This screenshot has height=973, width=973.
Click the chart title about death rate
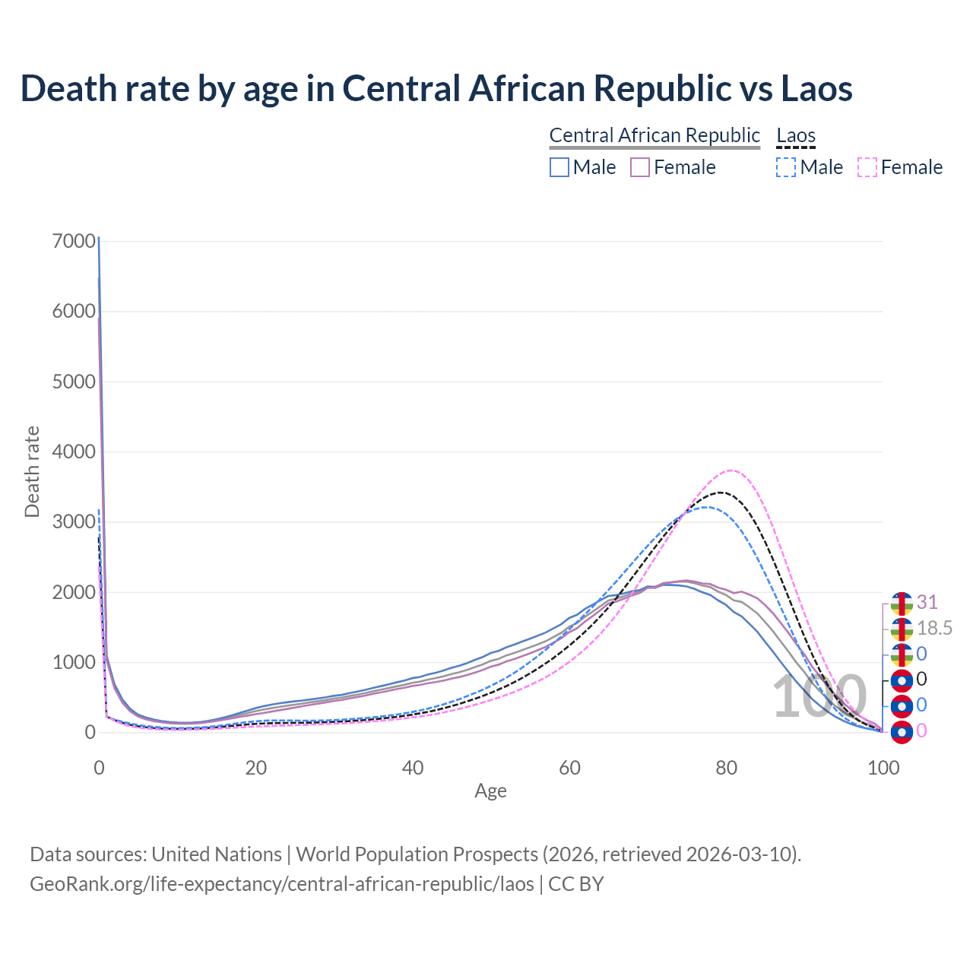click(x=436, y=88)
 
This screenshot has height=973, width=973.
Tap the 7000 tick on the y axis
click(x=74, y=242)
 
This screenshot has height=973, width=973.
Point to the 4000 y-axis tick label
click(x=74, y=452)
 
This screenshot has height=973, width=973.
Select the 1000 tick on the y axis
click(x=74, y=663)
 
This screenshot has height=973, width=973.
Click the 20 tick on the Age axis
click(x=256, y=768)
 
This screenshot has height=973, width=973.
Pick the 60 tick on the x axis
click(x=570, y=768)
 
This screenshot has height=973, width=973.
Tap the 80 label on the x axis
click(x=727, y=768)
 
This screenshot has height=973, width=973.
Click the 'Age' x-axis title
click(x=490, y=791)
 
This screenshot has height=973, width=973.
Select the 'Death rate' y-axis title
click(x=32, y=472)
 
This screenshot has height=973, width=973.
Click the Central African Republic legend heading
click(x=654, y=135)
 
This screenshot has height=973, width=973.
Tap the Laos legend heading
click(x=796, y=136)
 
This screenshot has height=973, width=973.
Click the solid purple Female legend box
click(x=640, y=167)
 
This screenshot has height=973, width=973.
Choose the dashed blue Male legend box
click(x=786, y=167)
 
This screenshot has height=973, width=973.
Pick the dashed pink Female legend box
click(x=867, y=167)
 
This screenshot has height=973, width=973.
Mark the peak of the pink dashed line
click(x=731, y=471)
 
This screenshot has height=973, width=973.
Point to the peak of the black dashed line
click(x=720, y=493)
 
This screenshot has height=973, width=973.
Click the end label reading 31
click(x=927, y=603)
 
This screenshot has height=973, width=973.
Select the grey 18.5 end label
click(x=935, y=629)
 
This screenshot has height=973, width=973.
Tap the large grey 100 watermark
click(x=819, y=698)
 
